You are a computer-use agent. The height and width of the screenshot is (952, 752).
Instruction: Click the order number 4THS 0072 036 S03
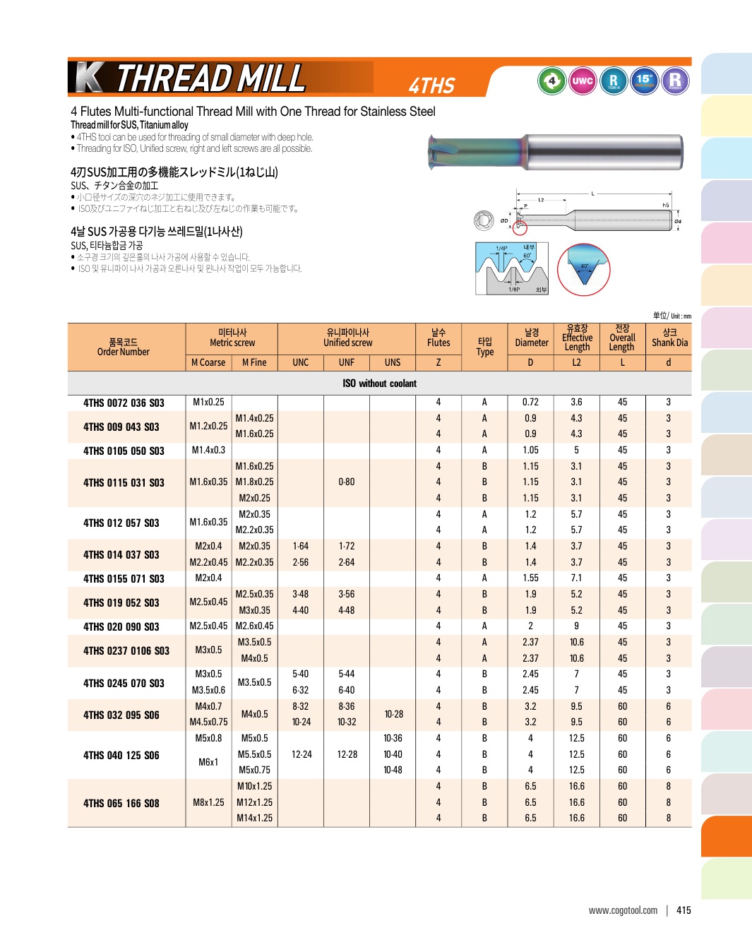coord(124,403)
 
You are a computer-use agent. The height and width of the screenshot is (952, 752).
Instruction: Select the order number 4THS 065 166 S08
coord(121,803)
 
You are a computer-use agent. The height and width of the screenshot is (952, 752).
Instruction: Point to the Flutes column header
coord(438,338)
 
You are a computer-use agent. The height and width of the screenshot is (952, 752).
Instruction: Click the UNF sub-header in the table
coord(346,362)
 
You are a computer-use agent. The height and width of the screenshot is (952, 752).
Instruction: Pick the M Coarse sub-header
coord(208,362)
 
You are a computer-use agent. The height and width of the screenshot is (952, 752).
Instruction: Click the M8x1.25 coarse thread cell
coord(208,802)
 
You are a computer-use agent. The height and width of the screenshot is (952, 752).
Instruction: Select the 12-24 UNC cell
coord(302,754)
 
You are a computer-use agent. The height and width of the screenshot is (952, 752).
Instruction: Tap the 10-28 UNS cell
coord(393,714)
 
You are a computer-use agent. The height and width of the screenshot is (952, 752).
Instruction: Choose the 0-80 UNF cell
coord(346,482)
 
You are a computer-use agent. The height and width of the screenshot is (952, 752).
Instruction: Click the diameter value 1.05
coord(530,450)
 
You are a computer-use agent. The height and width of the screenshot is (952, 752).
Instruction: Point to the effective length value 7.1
coord(576,578)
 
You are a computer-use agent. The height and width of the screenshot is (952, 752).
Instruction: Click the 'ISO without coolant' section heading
coord(379,383)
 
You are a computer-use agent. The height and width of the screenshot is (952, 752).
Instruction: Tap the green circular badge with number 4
coord(551,81)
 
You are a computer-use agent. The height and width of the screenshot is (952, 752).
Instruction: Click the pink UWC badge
coord(583,81)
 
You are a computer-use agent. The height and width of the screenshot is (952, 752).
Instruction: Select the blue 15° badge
coord(644,81)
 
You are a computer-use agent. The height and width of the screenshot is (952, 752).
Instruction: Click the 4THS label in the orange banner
coord(431,85)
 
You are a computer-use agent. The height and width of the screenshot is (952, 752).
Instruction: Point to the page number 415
coord(684,910)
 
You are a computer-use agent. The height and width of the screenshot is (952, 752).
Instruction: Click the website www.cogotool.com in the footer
coord(623,910)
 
